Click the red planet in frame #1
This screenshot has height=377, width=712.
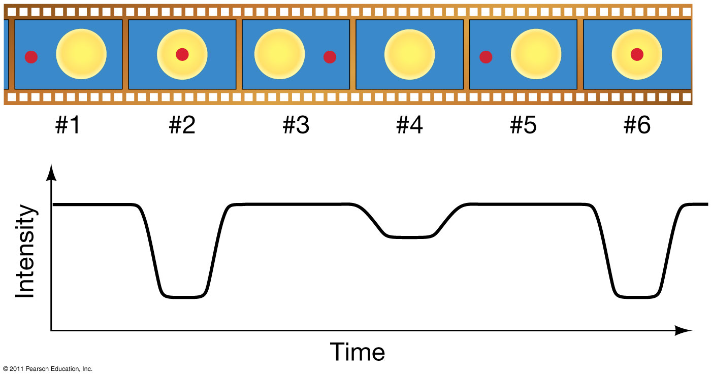click(x=31, y=57)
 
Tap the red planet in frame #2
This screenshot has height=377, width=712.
click(x=182, y=54)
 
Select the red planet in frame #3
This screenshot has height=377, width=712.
click(x=330, y=57)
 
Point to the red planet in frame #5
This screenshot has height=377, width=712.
click(x=486, y=57)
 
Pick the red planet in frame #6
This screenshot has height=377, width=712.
click(x=637, y=54)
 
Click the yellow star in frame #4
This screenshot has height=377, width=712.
click(x=410, y=54)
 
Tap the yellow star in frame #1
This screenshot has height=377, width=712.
click(x=81, y=54)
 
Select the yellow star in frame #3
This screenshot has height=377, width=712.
click(x=279, y=54)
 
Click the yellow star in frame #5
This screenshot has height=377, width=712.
click(x=536, y=54)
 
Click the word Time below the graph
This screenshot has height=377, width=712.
click(x=358, y=352)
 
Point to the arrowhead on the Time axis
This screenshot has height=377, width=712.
click(x=684, y=331)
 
